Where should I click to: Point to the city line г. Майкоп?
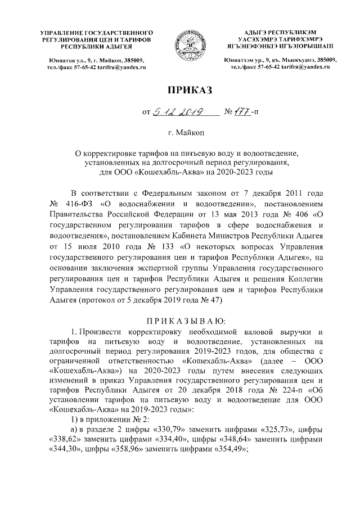[x=179, y=132]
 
